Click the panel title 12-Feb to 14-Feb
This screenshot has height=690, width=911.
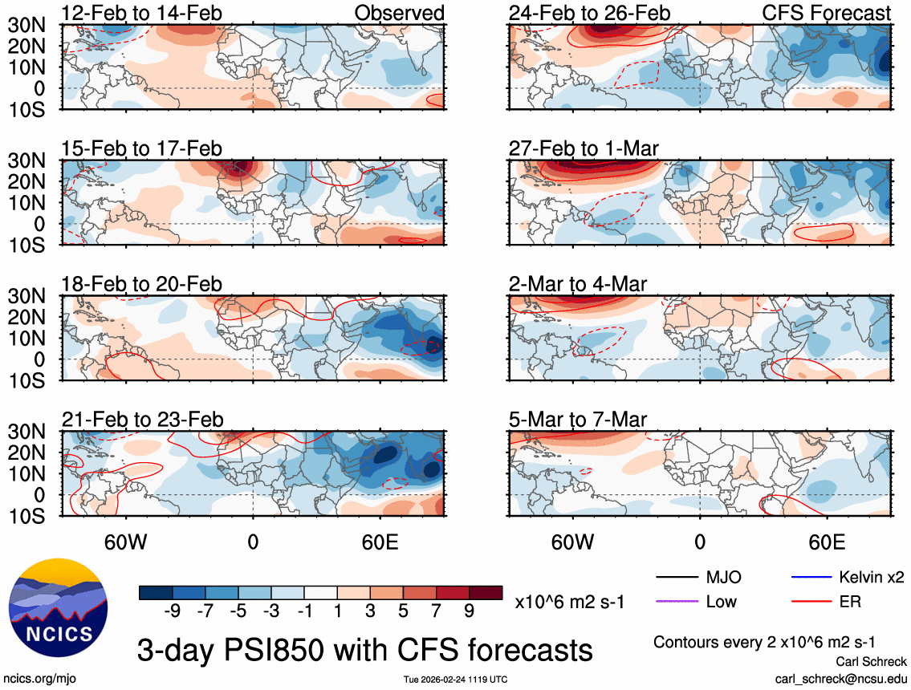click(142, 13)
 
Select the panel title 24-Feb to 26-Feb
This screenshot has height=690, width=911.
click(589, 13)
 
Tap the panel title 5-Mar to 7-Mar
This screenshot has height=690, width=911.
click(578, 420)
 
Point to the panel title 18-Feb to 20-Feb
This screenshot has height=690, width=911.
click(142, 284)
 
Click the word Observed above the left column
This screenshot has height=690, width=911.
click(400, 13)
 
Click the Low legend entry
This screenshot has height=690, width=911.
click(721, 601)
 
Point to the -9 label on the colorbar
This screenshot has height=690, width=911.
click(169, 611)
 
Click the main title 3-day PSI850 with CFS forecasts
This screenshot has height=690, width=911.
click(365, 647)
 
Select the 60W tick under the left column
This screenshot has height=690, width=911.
click(125, 541)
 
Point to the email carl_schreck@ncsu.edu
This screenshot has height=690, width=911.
click(841, 679)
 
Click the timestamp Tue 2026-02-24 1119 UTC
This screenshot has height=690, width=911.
click(455, 680)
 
